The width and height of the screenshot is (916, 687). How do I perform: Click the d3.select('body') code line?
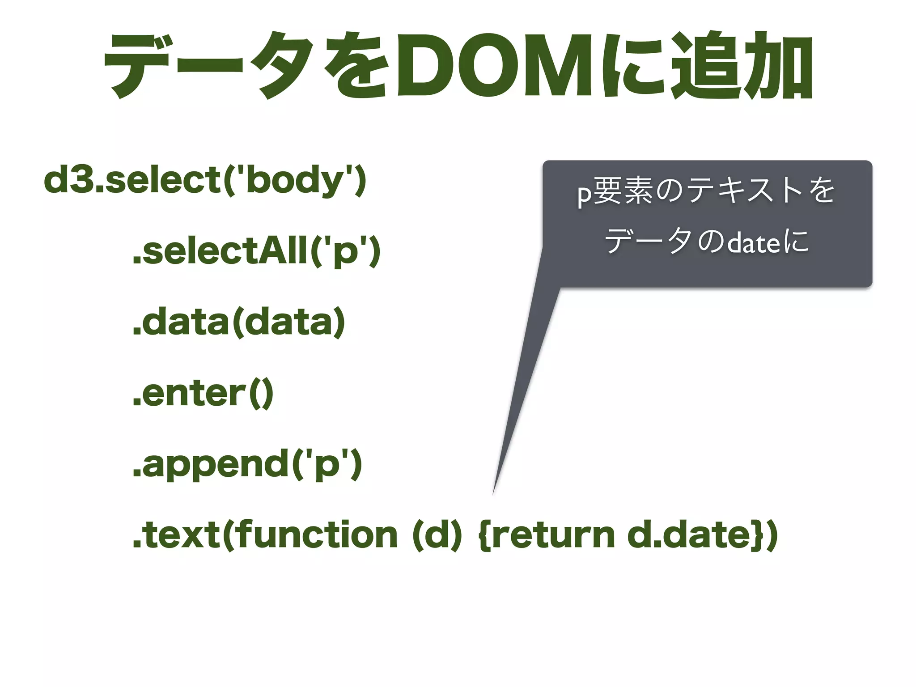[x=205, y=180]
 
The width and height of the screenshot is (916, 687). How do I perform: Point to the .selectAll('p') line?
[x=256, y=251]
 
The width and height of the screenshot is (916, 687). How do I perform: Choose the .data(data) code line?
[x=239, y=322]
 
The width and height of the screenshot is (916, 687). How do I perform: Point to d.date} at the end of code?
[x=698, y=535]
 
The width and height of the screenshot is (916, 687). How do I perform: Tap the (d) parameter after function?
[x=436, y=535]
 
